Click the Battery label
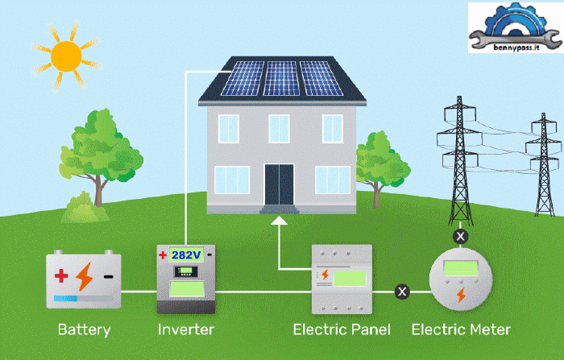point(84,329)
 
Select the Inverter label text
point(186,329)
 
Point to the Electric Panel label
point(342,329)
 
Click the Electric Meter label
point(461,329)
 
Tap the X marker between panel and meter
point(400,291)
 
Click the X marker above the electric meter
point(460,236)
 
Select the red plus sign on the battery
point(61,276)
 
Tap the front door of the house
point(279,183)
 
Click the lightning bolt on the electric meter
point(460,295)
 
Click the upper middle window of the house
point(279,127)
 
